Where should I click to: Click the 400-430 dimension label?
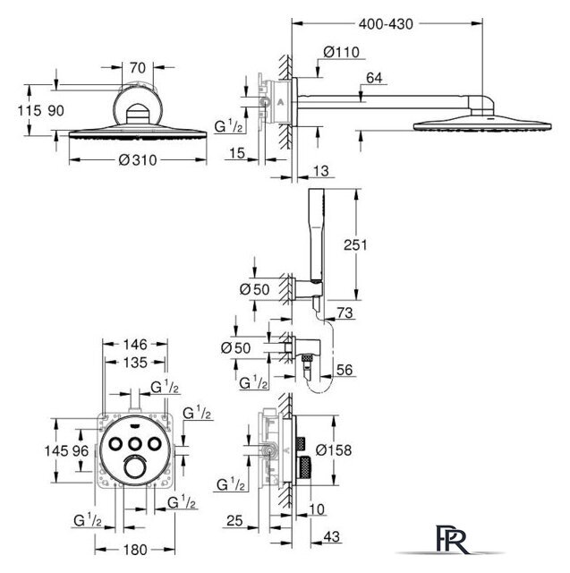pyautogui.click(x=386, y=24)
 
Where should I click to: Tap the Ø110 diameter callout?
pyautogui.click(x=342, y=52)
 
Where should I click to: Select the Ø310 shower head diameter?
pyautogui.click(x=138, y=159)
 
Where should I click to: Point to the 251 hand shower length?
pyautogui.click(x=355, y=244)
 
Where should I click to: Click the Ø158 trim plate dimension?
pyautogui.click(x=334, y=449)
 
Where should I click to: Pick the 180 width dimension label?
pyautogui.click(x=135, y=549)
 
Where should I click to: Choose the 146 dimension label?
pyautogui.click(x=135, y=344)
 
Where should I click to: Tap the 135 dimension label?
pyautogui.click(x=135, y=362)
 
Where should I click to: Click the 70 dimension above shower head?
pyautogui.click(x=138, y=68)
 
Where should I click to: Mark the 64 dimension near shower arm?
pyautogui.click(x=374, y=78)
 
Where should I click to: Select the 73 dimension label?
pyautogui.click(x=345, y=312)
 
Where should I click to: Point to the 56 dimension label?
pyautogui.click(x=345, y=370)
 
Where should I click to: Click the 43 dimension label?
pyautogui.click(x=332, y=536)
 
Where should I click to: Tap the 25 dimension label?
pyautogui.click(x=234, y=520)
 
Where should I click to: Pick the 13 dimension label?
pyautogui.click(x=321, y=171)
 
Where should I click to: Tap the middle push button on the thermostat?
pyautogui.click(x=135, y=444)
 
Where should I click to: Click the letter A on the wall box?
pyautogui.click(x=280, y=102)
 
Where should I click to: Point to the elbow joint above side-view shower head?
pyautogui.click(x=481, y=105)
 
